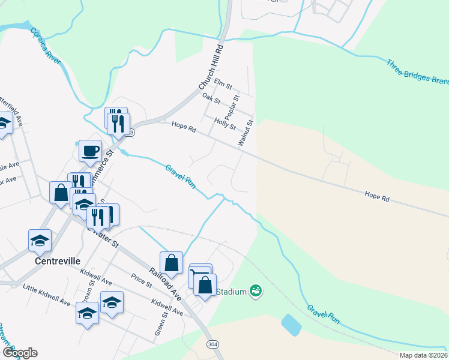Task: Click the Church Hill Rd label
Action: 211,67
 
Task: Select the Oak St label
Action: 211,97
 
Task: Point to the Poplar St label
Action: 232,106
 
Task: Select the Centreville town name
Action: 58,262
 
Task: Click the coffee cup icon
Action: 90,151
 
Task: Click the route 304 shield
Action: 212,345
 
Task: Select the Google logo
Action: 20,352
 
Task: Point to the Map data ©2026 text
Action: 423,355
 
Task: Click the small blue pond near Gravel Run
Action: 291,324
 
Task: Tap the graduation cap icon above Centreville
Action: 40,241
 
